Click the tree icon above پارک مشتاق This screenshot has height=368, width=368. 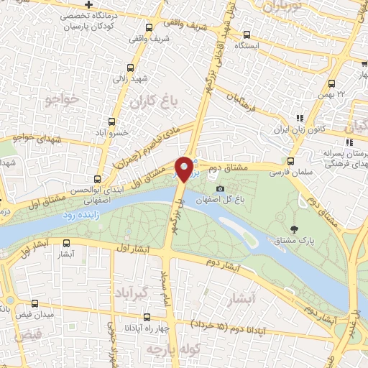[x=294, y=229]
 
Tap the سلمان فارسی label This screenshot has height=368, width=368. [x=287, y=173]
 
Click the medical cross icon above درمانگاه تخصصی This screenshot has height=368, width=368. [x=88, y=4]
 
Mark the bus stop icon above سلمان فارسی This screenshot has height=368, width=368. [x=291, y=161]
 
